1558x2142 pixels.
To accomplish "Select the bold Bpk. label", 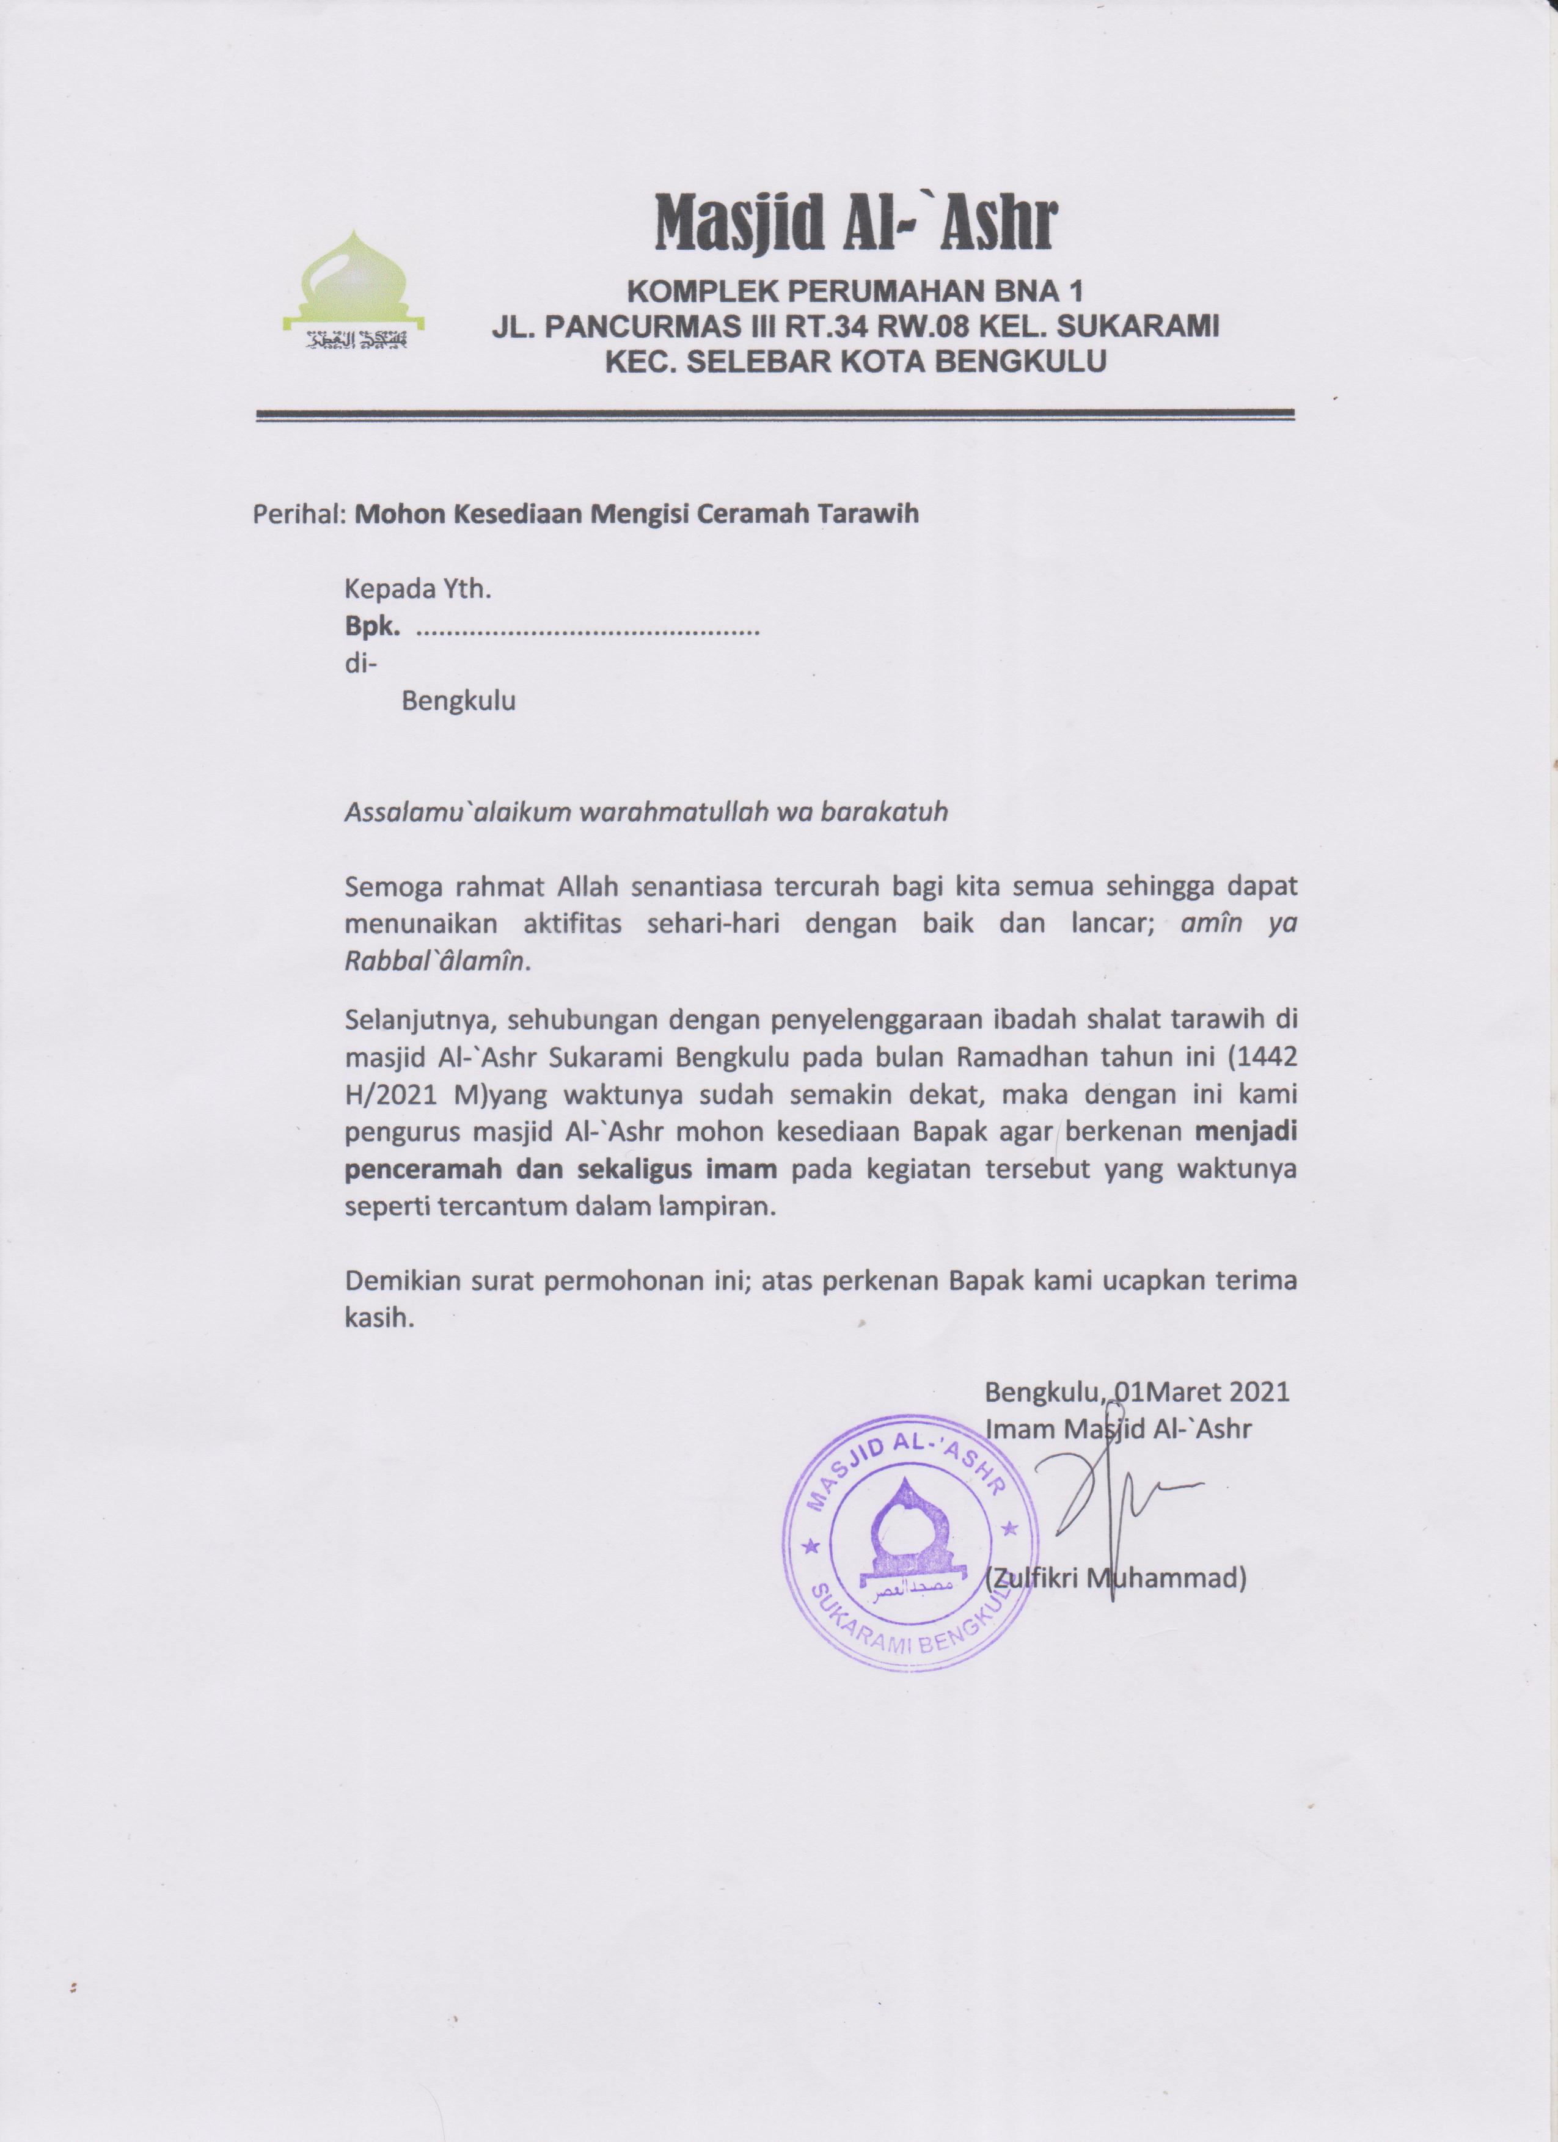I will (373, 626).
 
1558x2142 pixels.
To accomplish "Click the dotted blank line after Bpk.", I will (588, 628).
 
